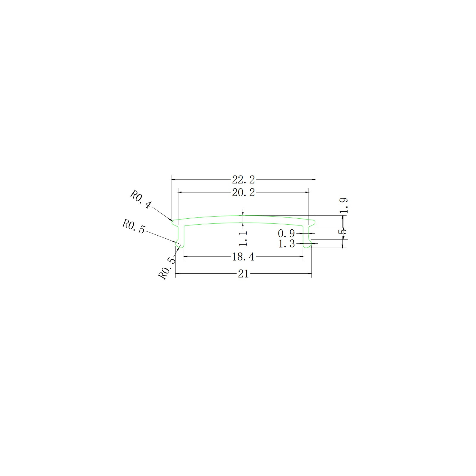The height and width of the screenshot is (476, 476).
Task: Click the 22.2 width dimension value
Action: pyautogui.click(x=243, y=180)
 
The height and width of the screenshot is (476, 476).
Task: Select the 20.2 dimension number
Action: pyautogui.click(x=243, y=193)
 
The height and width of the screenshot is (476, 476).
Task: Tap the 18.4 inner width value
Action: pyautogui.click(x=243, y=257)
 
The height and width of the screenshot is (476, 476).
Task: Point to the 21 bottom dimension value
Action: pyautogui.click(x=243, y=274)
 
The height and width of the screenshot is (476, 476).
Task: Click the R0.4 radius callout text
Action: pyautogui.click(x=141, y=200)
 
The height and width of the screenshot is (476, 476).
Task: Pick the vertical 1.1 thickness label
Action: pyautogui.click(x=243, y=238)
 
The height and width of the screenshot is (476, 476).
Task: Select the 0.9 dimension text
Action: pyautogui.click(x=286, y=233)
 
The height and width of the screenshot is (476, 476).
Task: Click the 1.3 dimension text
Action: pyautogui.click(x=286, y=244)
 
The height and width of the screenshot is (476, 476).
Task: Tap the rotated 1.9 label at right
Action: pyautogui.click(x=344, y=206)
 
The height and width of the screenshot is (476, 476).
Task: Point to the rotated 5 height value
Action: pyautogui.click(x=344, y=231)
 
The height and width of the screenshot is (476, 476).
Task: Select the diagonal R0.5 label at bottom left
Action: pyautogui.click(x=167, y=269)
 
